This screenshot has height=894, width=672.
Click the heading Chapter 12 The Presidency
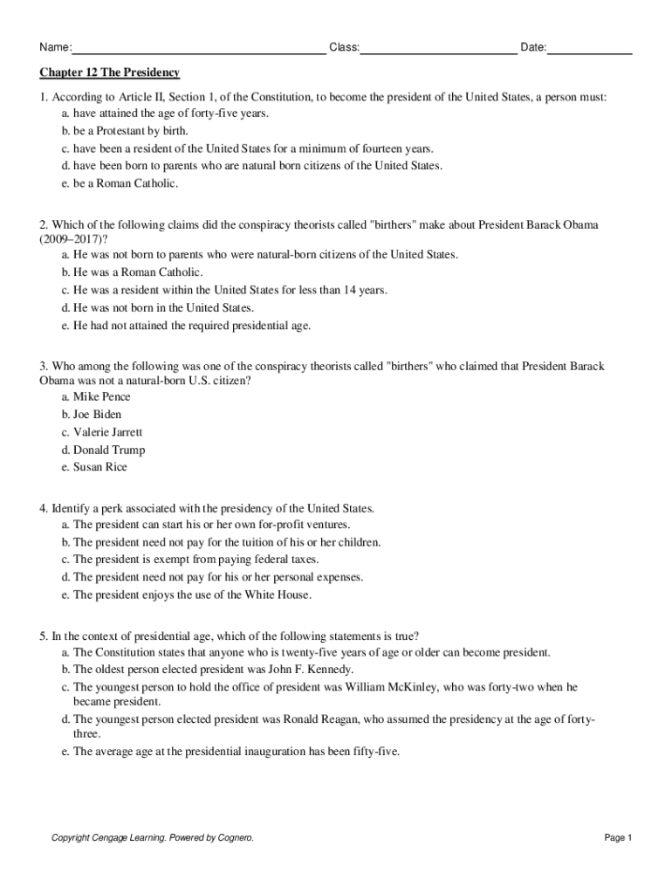pos(109,72)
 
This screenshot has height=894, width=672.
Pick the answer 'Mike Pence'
pos(101,396)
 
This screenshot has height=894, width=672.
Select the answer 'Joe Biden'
pos(97,414)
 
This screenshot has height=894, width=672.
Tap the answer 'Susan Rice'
pos(99,467)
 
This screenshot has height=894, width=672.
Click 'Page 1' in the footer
pos(618,838)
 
